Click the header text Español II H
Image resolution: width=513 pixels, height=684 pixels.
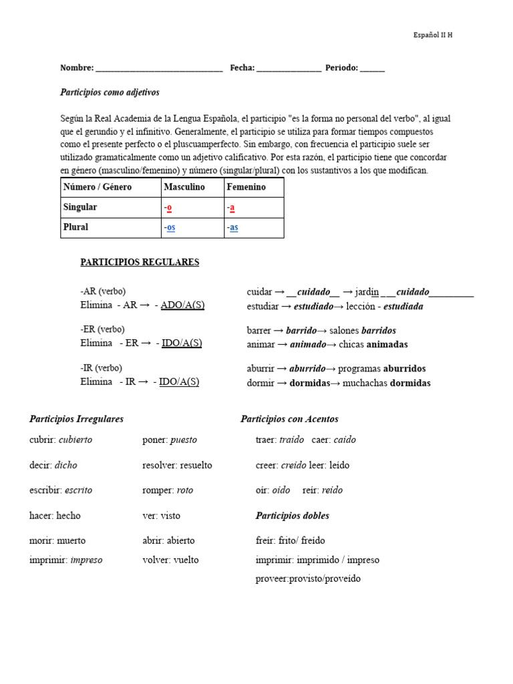point(433,35)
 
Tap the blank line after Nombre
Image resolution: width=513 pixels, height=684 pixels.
point(159,69)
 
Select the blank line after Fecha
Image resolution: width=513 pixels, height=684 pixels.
point(289,69)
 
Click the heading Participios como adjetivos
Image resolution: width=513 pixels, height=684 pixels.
point(110,92)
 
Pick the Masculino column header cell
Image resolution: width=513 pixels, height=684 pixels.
point(184,187)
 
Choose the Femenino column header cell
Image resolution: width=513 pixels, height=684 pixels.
point(246,187)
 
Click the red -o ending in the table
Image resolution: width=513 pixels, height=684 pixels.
point(168,208)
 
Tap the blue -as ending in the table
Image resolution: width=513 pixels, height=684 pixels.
point(233,228)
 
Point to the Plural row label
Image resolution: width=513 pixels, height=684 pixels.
point(75,227)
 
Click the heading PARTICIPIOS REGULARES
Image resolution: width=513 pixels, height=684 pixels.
point(140,263)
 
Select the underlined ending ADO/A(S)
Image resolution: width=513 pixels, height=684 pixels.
point(182,305)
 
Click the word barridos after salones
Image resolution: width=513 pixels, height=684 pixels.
point(378,331)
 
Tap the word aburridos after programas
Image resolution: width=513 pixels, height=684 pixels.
point(404,369)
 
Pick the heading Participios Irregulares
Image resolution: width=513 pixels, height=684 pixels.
point(77,419)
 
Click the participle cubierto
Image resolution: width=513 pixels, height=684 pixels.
point(75,440)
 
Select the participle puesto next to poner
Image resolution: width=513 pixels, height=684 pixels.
point(184,440)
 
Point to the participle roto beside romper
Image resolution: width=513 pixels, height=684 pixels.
point(185,490)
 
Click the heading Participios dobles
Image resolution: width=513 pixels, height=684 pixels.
point(292,516)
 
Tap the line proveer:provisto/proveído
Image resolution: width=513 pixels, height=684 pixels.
point(308,578)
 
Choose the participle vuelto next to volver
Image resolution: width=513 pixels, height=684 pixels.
point(186,560)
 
